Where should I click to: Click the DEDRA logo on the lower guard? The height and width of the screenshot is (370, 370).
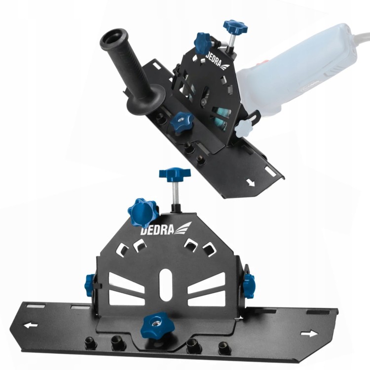point(166,228)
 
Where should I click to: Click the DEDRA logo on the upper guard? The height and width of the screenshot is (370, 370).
point(217,60)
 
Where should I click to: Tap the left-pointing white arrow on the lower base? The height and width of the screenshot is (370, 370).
point(31,326)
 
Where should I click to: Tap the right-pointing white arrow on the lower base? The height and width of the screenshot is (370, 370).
point(309,333)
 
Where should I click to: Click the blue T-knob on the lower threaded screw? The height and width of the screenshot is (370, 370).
point(175,174)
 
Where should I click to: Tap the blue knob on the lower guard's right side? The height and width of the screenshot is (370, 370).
point(249,285)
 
